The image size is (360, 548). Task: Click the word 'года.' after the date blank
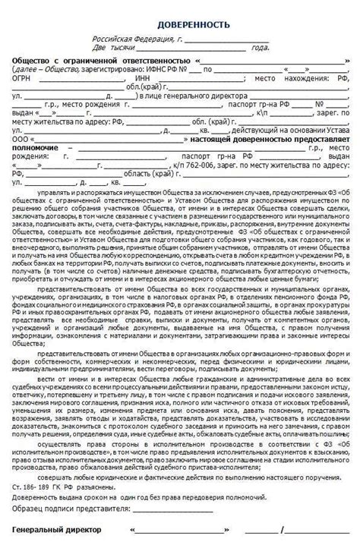(x=261, y=46)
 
